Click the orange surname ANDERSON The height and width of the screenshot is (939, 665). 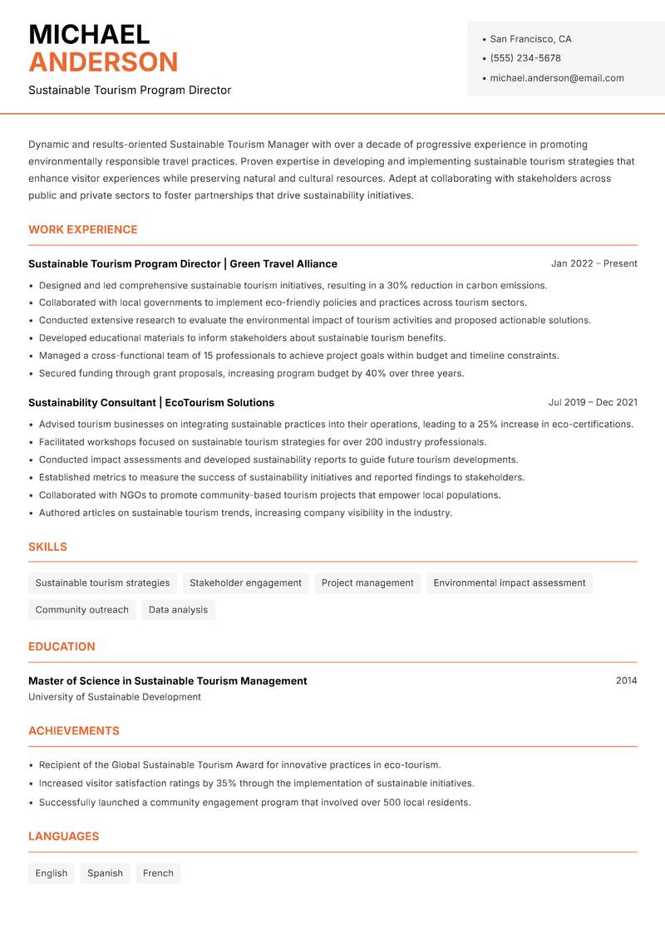(x=103, y=62)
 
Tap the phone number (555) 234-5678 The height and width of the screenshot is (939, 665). (x=525, y=58)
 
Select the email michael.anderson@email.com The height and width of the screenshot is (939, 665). (x=556, y=78)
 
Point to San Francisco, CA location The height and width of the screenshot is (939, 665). (x=530, y=39)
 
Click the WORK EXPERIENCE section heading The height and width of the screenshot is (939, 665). (x=83, y=229)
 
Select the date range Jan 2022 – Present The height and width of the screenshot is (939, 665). (x=594, y=263)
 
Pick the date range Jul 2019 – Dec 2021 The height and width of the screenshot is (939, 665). (x=593, y=402)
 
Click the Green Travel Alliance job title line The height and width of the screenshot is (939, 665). (x=183, y=263)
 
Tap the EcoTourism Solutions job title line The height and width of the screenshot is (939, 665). (x=151, y=402)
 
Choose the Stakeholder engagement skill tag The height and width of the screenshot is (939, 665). (x=245, y=583)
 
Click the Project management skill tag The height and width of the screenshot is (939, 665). (x=367, y=583)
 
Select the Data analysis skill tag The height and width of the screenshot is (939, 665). (x=178, y=610)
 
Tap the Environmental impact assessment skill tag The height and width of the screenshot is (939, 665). (x=510, y=583)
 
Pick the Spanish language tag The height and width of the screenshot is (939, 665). (x=105, y=873)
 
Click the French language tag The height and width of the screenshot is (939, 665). (x=158, y=873)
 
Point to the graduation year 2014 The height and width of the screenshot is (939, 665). (x=626, y=681)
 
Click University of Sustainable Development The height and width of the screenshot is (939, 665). (x=115, y=697)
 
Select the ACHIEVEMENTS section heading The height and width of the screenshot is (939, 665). (x=74, y=731)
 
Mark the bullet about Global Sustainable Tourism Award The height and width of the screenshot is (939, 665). (x=239, y=764)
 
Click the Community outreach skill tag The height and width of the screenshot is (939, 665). (x=81, y=610)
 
